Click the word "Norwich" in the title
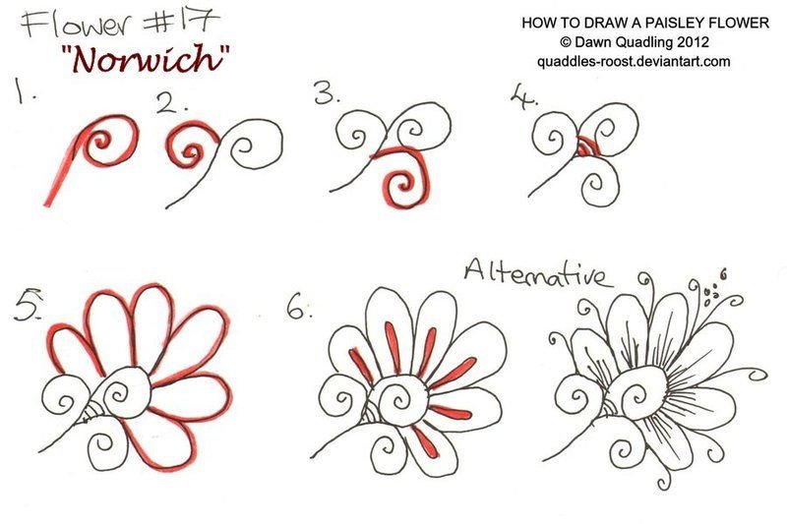[147, 58]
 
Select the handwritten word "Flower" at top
[81, 24]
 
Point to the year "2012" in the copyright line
[693, 41]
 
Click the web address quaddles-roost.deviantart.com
[634, 62]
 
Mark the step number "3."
[327, 92]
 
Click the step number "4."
[523, 96]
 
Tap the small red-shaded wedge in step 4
[586, 146]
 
